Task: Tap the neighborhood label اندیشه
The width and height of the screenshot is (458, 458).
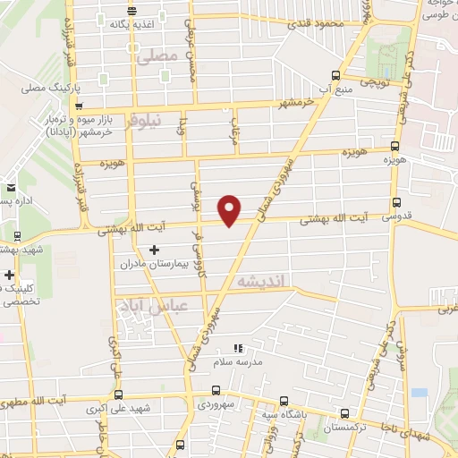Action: point(260,281)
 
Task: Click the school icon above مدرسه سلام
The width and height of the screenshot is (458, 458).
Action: point(237,348)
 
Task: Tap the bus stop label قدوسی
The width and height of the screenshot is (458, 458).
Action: point(395,217)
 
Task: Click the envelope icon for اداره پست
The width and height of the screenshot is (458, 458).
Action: point(11,188)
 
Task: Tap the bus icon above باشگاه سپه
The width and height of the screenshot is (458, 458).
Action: point(284,401)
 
